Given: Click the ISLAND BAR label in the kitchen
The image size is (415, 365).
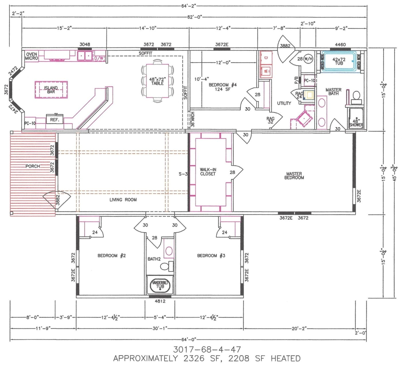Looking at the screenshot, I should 51,90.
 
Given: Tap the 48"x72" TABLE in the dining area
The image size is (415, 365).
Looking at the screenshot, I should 157,81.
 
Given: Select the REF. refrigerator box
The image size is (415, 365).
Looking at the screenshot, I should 54,120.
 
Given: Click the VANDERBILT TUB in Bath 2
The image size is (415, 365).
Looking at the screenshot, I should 160,285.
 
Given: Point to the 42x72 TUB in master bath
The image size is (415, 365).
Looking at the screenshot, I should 339,61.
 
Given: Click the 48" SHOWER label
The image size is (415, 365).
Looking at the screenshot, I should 356,123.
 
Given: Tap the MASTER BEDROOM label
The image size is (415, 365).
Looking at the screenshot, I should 294,175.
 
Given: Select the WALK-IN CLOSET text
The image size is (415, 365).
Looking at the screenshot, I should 208,172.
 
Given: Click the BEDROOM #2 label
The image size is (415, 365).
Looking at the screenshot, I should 112,256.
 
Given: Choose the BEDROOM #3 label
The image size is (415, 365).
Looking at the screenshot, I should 211,256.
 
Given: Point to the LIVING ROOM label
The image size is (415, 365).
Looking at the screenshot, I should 123,200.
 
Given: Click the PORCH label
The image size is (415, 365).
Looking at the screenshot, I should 33,166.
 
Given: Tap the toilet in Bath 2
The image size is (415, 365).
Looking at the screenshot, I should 166,267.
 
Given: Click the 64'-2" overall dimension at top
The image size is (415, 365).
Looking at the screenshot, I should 189,6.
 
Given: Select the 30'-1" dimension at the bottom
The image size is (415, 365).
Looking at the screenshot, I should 160,328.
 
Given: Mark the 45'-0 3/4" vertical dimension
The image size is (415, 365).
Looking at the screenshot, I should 395,173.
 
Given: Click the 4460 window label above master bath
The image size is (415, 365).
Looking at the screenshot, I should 340,45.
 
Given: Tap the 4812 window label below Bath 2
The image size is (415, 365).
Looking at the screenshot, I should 160,301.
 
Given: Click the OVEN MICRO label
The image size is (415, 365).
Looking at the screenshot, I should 31,56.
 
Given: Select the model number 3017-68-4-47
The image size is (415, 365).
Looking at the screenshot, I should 207,349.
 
